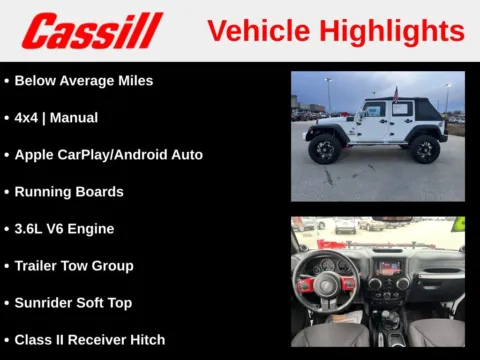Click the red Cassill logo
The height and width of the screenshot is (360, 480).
(92, 30)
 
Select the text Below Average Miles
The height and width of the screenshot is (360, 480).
(84, 80)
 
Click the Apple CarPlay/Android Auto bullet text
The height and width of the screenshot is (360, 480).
(108, 154)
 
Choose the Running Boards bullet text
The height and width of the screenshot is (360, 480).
(69, 191)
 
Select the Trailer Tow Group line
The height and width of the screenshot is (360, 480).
(74, 265)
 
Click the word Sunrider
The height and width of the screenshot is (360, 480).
(46, 302)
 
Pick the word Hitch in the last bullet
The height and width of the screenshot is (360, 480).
(145, 339)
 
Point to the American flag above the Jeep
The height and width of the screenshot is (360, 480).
(396, 95)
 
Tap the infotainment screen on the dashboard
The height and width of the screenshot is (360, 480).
(389, 269)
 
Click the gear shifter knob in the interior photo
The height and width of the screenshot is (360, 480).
(384, 321)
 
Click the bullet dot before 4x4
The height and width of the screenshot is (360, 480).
(6, 117)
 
